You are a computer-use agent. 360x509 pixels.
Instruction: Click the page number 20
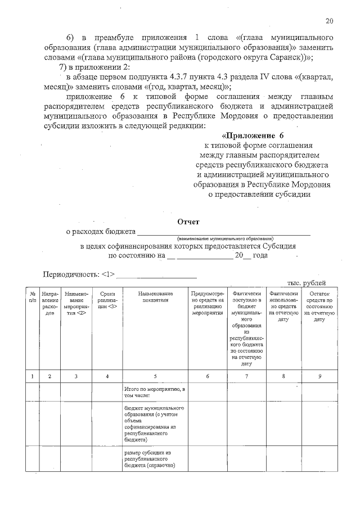(x=329, y=21)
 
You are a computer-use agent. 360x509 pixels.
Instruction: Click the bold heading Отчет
(x=188, y=222)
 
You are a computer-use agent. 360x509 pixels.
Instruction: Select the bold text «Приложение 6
(x=254, y=136)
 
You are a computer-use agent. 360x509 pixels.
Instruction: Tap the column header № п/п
(x=33, y=297)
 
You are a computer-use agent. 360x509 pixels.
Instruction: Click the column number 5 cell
(x=155, y=376)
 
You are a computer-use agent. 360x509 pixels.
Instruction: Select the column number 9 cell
(x=319, y=376)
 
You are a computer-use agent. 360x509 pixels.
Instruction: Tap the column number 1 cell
(x=33, y=376)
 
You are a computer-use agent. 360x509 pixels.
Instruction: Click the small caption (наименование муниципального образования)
(x=224, y=238)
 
